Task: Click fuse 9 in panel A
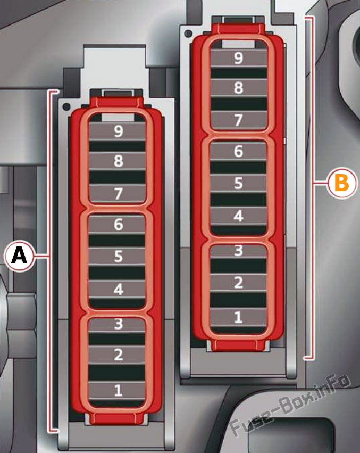(117, 131)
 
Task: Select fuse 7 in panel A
(117, 193)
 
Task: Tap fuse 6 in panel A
(116, 225)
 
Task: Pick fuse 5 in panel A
(116, 257)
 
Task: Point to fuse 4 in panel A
(116, 289)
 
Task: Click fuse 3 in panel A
(116, 324)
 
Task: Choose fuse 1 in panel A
(116, 390)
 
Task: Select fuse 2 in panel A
(116, 355)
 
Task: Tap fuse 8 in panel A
(117, 161)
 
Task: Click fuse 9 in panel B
(238, 58)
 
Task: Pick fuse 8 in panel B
(238, 88)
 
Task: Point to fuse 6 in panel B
(238, 151)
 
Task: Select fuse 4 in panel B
(238, 216)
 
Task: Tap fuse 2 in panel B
(238, 283)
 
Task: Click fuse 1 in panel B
(238, 317)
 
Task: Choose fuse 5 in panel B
(238, 184)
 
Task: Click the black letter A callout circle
(19, 256)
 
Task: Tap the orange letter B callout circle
(342, 183)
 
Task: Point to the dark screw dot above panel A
(66, 107)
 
